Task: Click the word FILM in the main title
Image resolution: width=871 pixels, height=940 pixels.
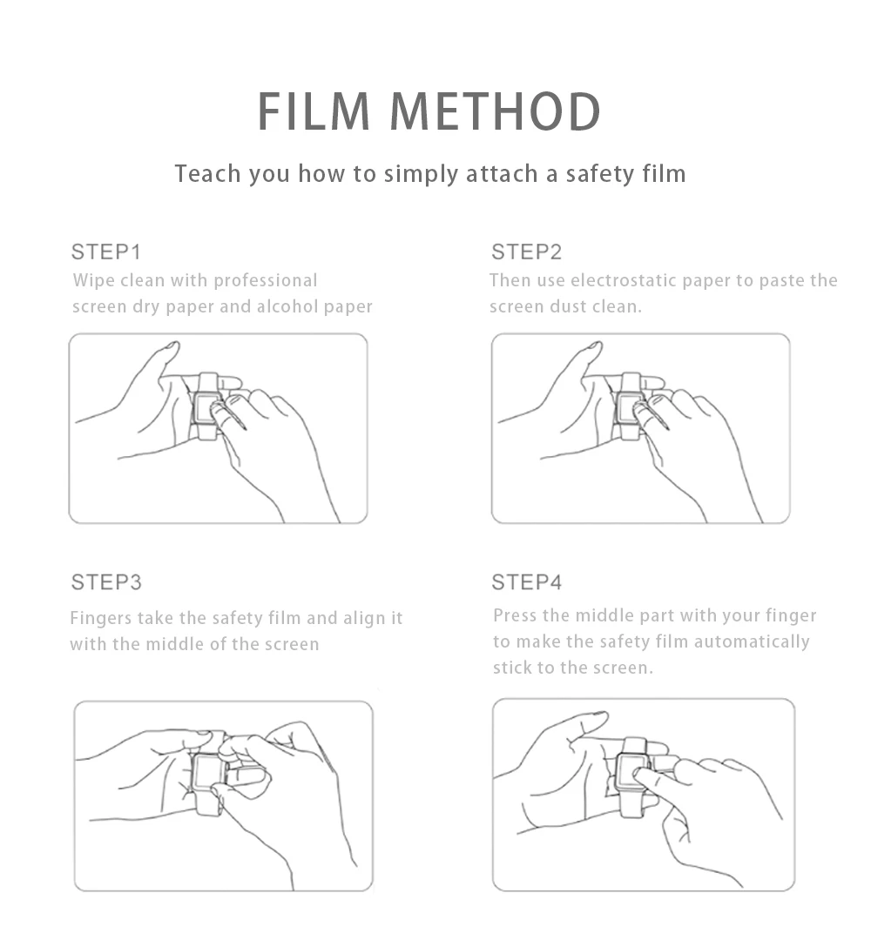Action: point(314,111)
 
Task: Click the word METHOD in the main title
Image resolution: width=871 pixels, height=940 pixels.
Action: point(496,111)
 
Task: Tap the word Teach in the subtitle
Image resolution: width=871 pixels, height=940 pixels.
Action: point(208,174)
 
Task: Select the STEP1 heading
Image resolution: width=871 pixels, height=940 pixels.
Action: point(106,252)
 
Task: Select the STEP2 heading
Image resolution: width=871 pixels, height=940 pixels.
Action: point(527,252)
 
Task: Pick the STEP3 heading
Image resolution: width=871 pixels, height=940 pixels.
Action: point(106,582)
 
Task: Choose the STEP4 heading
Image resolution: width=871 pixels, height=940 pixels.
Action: point(527,582)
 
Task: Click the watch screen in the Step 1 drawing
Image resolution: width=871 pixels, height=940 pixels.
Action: point(206,407)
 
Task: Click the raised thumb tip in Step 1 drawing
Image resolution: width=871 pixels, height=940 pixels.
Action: point(172,346)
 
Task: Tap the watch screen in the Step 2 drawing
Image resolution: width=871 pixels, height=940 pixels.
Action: point(628,407)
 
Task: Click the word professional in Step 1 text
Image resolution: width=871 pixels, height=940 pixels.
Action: point(265,280)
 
